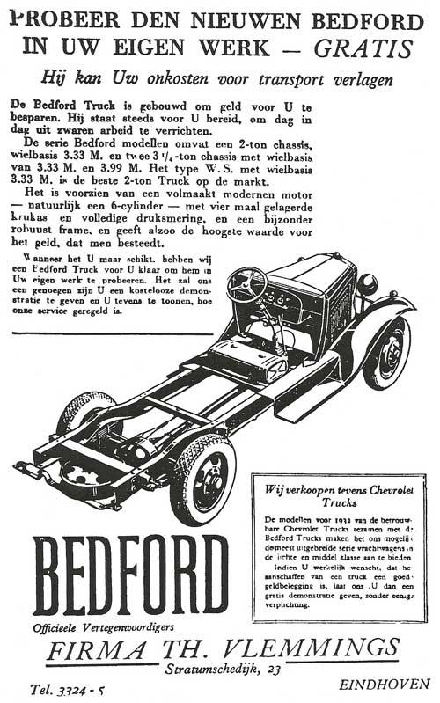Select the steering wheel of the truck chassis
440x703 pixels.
point(246,283)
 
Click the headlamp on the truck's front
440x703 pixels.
point(367,283)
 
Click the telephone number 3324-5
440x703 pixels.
point(74,689)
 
